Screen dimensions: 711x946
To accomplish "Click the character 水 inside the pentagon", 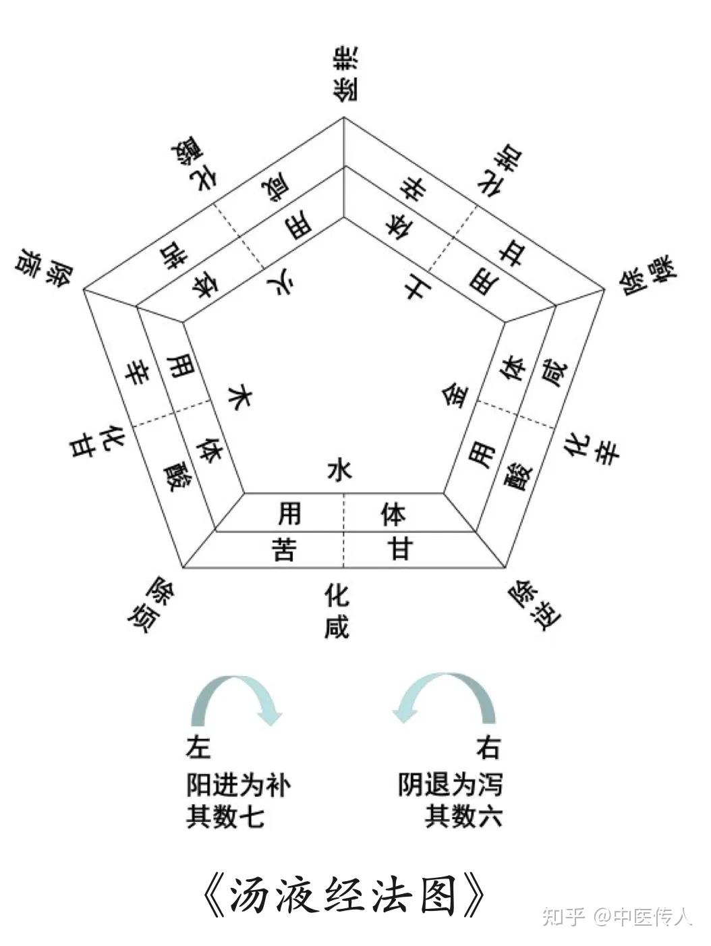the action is pyautogui.click(x=339, y=470).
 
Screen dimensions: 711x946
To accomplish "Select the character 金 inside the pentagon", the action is pyautogui.click(x=455, y=394).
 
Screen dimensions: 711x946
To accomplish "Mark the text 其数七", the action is pyautogui.click(x=225, y=816).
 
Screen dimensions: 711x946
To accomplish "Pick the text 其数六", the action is pyautogui.click(x=463, y=816).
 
